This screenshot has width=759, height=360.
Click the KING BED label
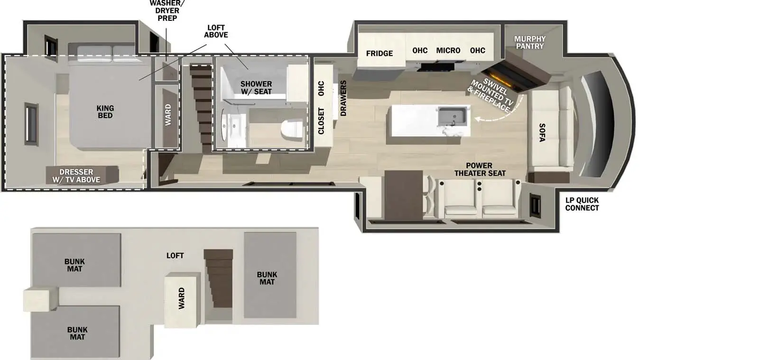point(105,112)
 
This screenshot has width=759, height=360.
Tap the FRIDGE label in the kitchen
point(379,53)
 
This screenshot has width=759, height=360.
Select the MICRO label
point(448,50)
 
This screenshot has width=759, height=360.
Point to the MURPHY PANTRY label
point(530,42)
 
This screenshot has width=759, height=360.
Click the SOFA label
point(542,132)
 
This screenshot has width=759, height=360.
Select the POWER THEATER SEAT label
point(480,169)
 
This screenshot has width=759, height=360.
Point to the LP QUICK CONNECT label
point(582,204)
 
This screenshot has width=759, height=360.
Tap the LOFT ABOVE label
point(216,31)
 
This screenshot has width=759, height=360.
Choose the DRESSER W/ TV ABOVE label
point(76,175)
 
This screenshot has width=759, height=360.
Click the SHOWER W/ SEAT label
point(256,87)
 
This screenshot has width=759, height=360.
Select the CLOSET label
point(321,121)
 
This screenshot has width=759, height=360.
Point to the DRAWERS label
point(343,98)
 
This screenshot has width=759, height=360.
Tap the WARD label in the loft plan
point(181,299)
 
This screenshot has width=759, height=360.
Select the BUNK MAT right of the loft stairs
point(267,278)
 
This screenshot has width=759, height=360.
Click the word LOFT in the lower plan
point(175,255)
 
